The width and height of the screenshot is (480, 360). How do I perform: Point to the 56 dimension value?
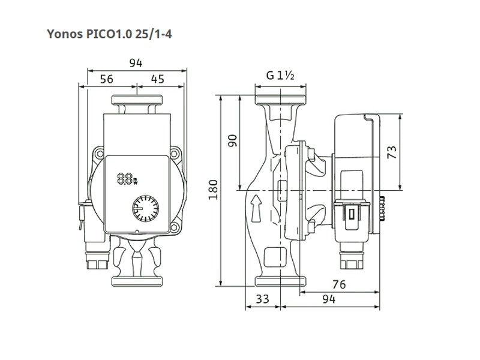107,79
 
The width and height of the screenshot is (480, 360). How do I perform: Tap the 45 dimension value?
158,79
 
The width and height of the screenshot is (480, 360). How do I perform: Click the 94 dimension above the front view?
136,63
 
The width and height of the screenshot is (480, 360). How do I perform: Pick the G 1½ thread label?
280,76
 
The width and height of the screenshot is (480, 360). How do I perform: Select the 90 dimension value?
233,140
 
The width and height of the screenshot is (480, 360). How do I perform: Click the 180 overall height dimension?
213,190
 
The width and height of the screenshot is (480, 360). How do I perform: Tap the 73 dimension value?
392,152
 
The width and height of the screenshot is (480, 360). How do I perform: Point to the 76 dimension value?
339,284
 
